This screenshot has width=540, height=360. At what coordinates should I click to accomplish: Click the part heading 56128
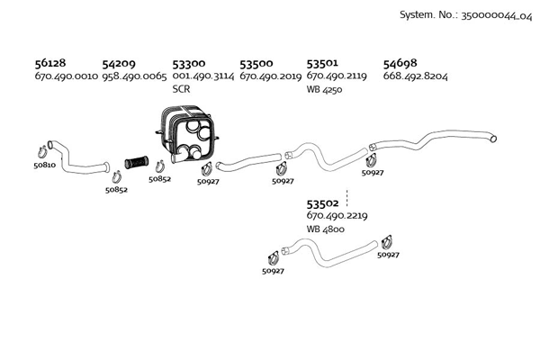click(x=49, y=64)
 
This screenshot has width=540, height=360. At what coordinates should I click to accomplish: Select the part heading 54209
click(x=119, y=64)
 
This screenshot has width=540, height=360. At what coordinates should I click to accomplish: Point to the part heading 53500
click(x=256, y=64)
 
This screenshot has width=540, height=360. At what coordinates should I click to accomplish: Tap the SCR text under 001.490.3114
click(x=181, y=89)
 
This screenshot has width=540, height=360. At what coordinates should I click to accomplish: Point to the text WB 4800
click(x=325, y=229)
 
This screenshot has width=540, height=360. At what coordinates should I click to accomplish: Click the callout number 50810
click(x=44, y=165)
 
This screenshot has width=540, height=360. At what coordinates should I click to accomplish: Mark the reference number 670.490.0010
click(x=66, y=76)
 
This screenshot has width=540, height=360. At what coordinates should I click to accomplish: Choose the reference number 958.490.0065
click(x=134, y=76)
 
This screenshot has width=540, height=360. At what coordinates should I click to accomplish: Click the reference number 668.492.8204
click(x=415, y=76)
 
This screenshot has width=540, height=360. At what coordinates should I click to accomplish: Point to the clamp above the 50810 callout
click(x=42, y=150)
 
